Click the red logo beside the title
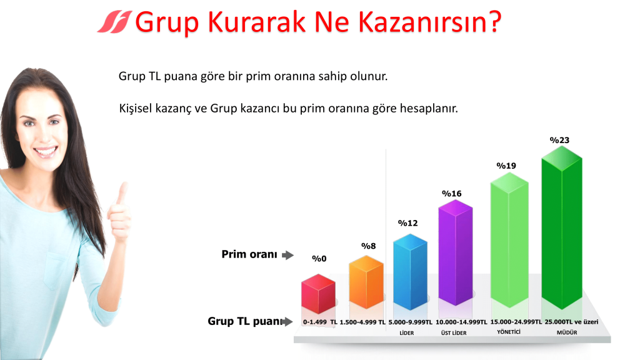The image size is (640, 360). (x=115, y=22)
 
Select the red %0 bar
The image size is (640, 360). (x=318, y=294)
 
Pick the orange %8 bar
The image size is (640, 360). (x=366, y=282)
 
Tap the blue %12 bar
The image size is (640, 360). (x=410, y=272)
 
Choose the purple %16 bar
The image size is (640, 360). (x=456, y=252)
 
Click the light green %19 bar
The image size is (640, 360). (x=509, y=239)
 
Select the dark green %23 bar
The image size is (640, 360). (x=562, y=227)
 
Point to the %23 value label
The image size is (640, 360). (x=559, y=141)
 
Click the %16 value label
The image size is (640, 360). (x=451, y=194)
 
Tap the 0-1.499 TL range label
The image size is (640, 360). (x=320, y=322)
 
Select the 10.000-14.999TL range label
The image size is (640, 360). (x=461, y=322)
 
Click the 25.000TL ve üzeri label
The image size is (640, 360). (x=571, y=322)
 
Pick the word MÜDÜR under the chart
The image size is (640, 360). (x=567, y=332)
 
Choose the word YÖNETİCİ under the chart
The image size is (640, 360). (x=509, y=332)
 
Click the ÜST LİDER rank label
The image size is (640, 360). (x=454, y=333)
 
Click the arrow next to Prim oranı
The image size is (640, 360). (x=287, y=255)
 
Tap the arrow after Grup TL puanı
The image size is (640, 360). (x=287, y=322)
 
